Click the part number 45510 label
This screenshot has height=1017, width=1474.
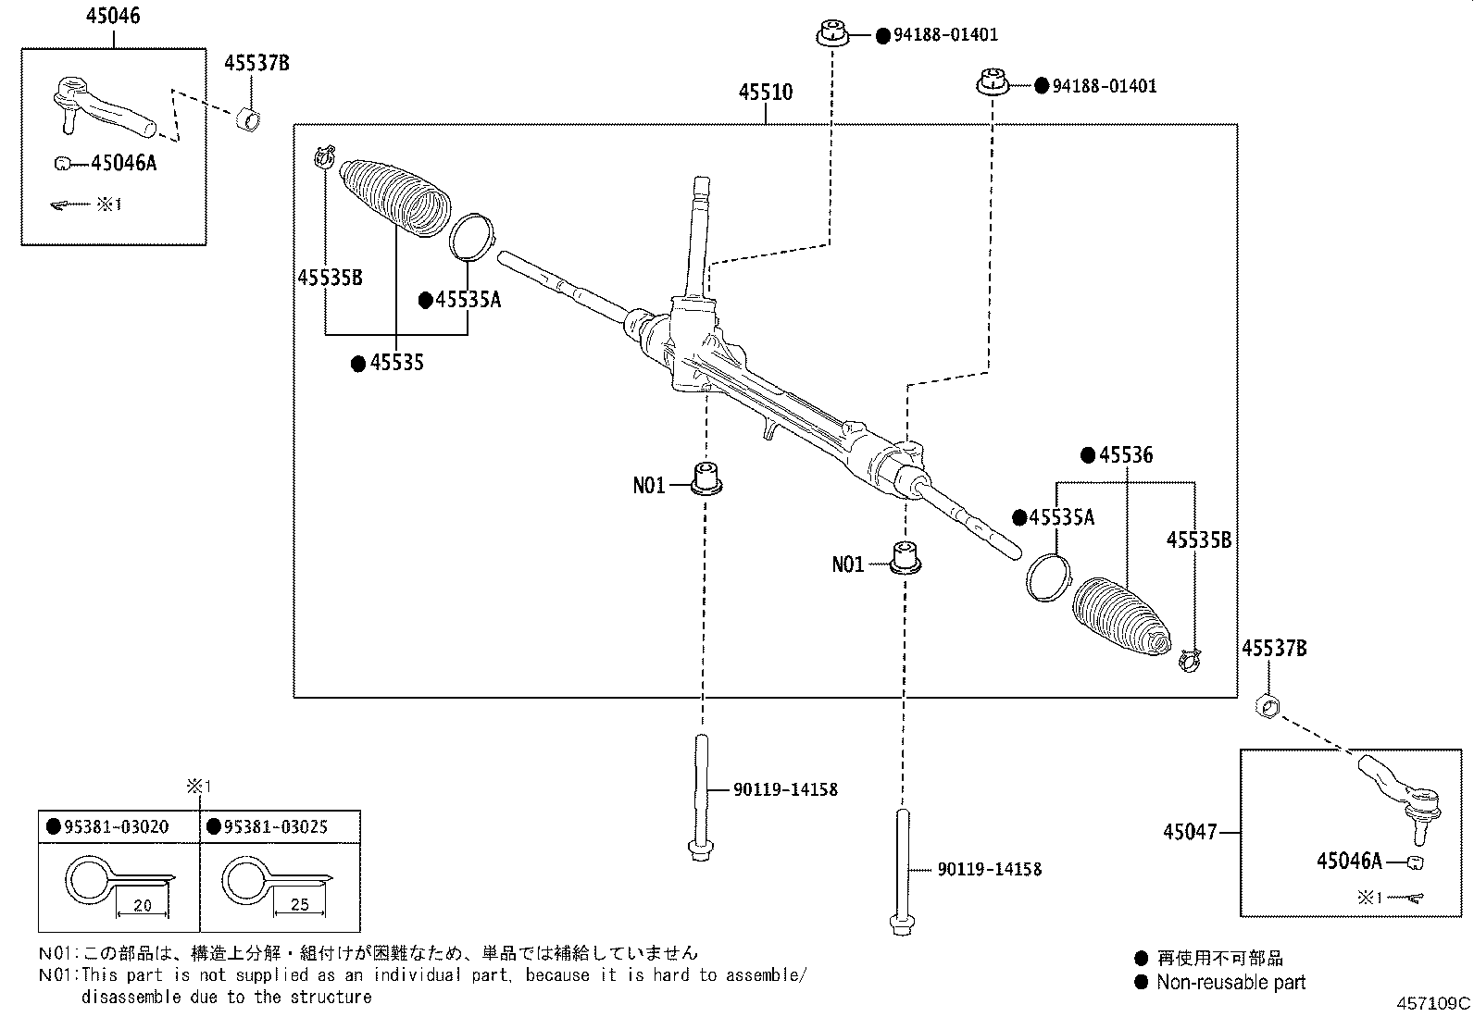coord(766,93)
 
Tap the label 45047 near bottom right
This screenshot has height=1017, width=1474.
coord(1190,832)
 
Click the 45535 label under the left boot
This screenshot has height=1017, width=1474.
coord(396,363)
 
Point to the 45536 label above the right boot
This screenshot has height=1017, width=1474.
coord(1125,455)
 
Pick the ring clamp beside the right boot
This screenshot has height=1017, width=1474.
coord(1047,578)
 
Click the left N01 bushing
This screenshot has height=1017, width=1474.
coord(708,477)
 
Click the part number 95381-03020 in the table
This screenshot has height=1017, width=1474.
coord(117,826)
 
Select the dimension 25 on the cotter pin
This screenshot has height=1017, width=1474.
coord(299,904)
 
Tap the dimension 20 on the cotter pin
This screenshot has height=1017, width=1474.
coord(142,905)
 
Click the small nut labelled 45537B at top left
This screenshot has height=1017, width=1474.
coord(249,119)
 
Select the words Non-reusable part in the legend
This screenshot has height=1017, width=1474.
coord(1230,983)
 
